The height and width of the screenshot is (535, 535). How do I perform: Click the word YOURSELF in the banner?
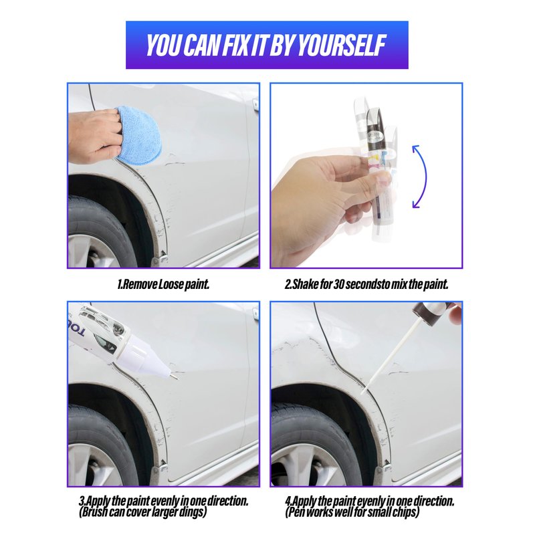coord(342,45)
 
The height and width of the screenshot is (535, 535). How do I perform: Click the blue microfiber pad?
coord(138,135)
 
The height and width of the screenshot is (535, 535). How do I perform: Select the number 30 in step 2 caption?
coord(338,284)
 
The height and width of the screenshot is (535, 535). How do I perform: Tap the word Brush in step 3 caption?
coord(94,512)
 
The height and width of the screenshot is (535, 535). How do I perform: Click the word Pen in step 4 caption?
coord(296,512)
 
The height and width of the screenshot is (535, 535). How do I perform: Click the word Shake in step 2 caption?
coord(306,284)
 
